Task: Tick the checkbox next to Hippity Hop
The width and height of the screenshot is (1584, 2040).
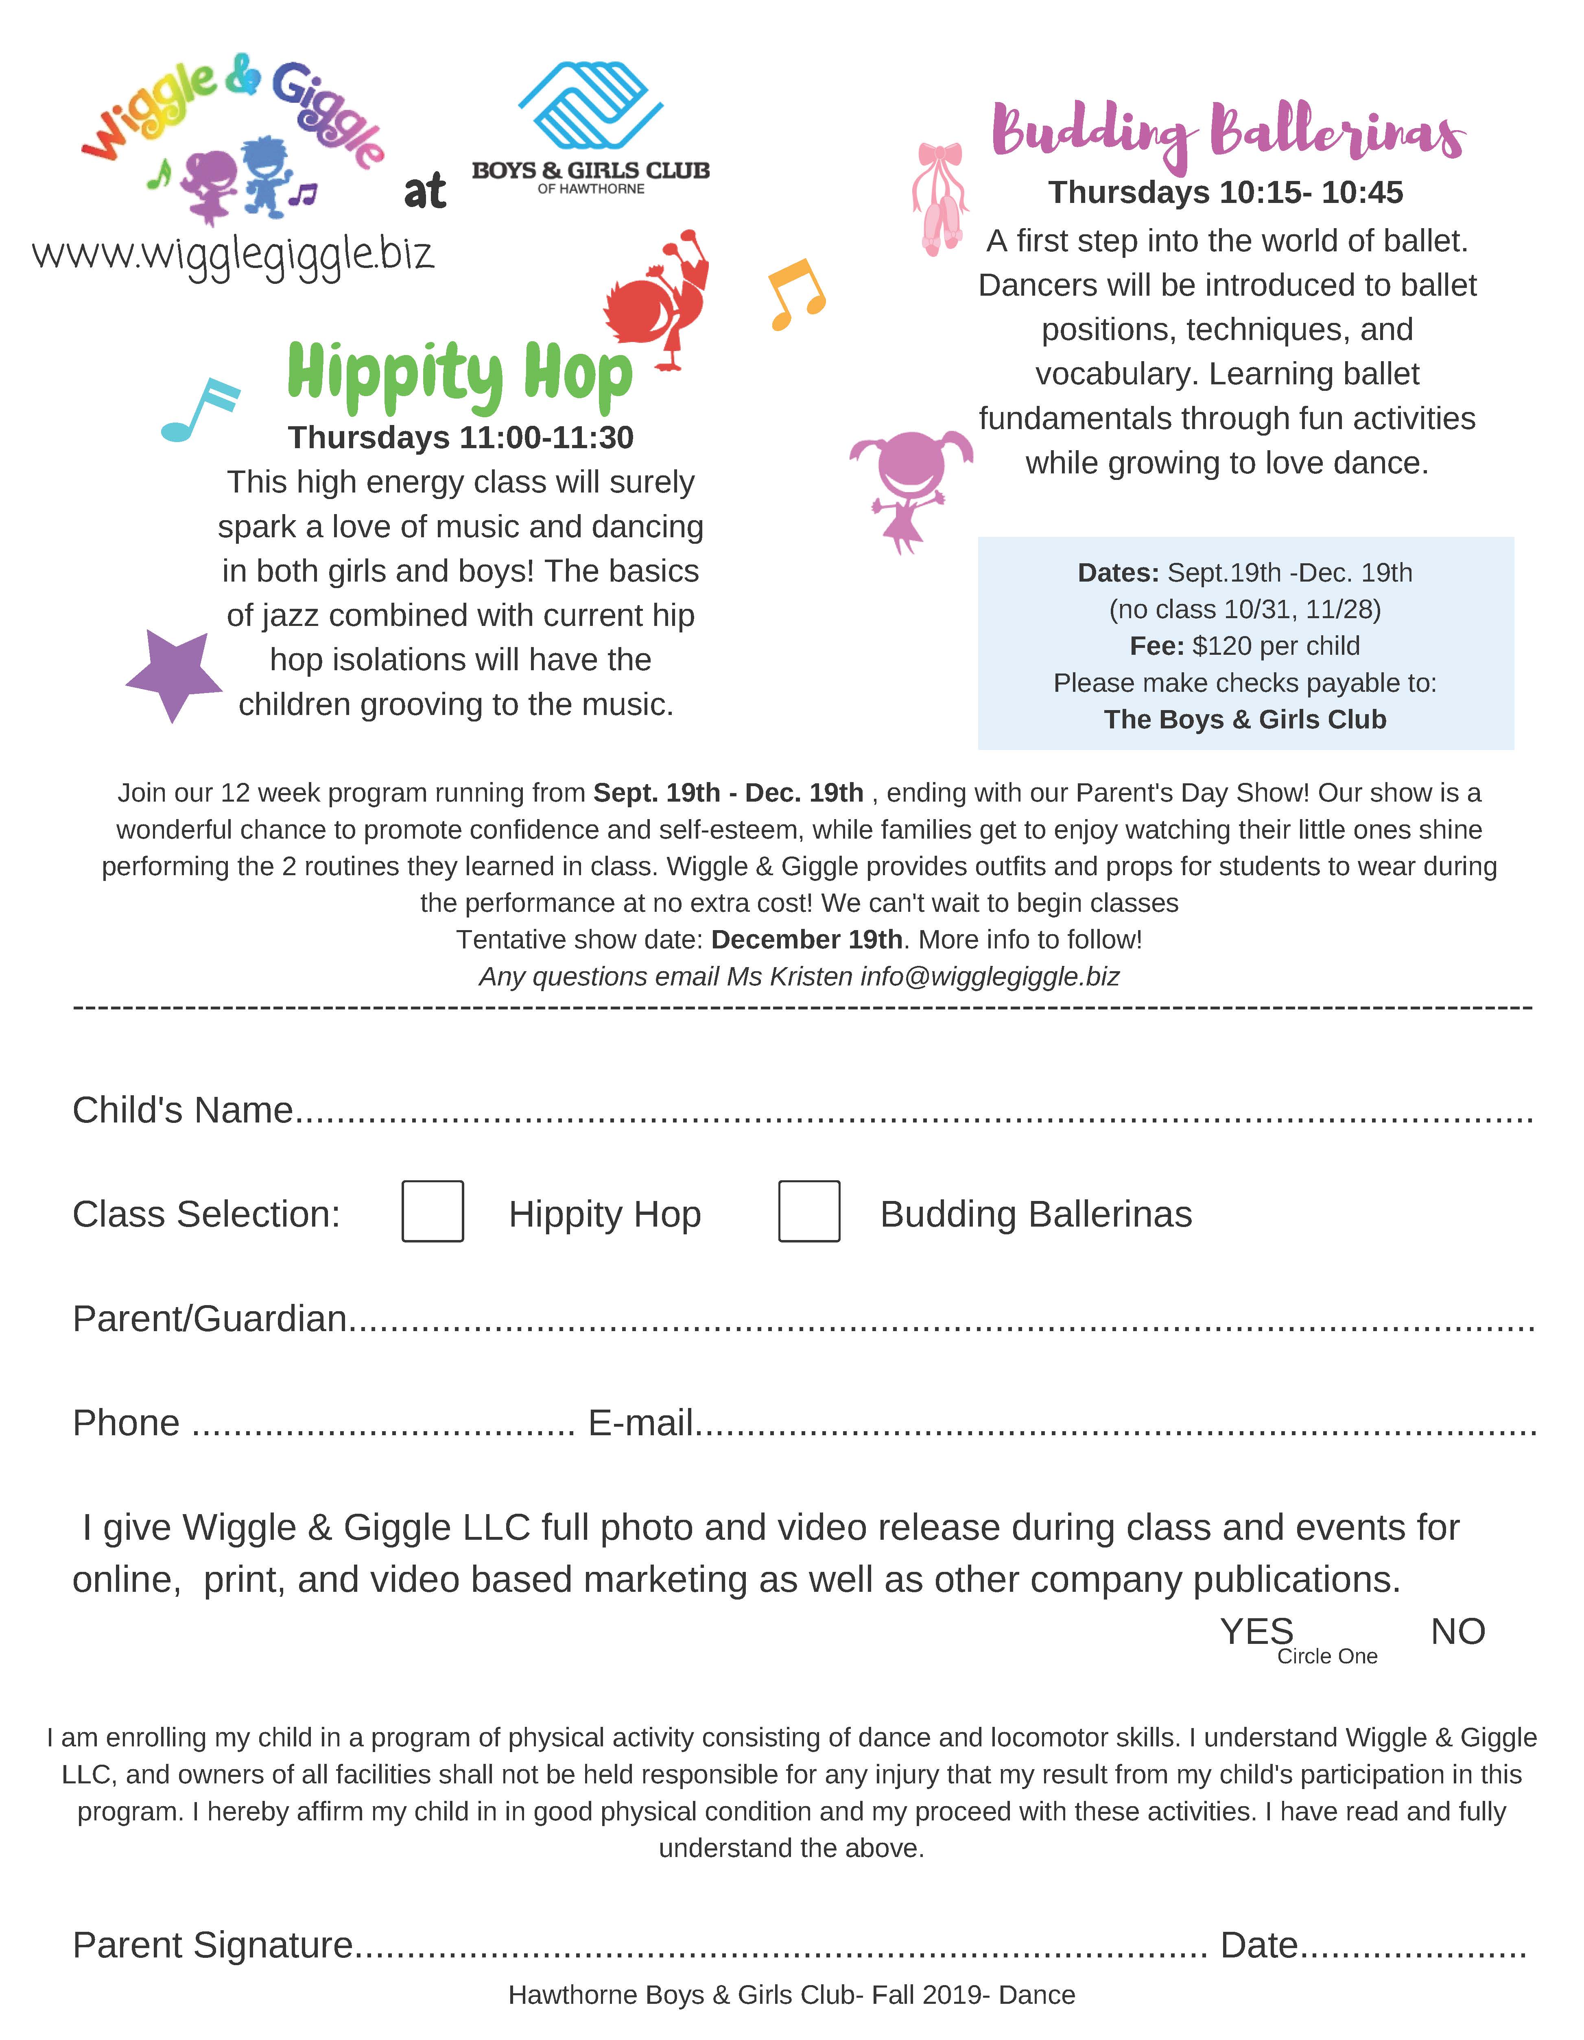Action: click(x=433, y=1212)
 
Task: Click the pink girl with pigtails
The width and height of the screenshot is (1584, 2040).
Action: click(x=909, y=488)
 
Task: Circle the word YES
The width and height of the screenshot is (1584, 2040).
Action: click(x=1256, y=1632)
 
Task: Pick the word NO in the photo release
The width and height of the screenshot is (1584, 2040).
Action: click(x=1457, y=1632)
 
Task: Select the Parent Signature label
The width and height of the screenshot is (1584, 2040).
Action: click(x=213, y=1945)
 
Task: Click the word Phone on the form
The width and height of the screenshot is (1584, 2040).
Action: click(x=126, y=1423)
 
